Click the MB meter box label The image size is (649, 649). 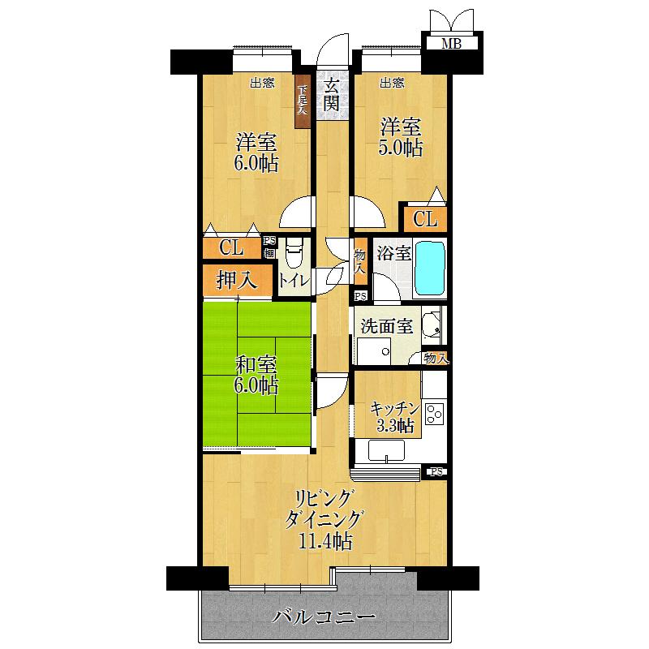[451, 44]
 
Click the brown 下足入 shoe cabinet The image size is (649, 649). [303, 105]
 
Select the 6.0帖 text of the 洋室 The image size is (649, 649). [256, 163]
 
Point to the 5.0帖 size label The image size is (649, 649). [402, 148]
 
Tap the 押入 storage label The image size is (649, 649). [237, 281]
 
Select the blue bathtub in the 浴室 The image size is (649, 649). [430, 269]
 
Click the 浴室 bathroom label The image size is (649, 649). [393, 253]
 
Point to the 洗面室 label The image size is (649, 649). [387, 326]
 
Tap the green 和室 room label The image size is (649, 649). [256, 363]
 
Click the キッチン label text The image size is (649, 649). [394, 408]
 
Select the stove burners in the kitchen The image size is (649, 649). [434, 414]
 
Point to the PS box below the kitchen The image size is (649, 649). [436, 472]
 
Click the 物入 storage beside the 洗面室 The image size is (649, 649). [436, 358]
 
